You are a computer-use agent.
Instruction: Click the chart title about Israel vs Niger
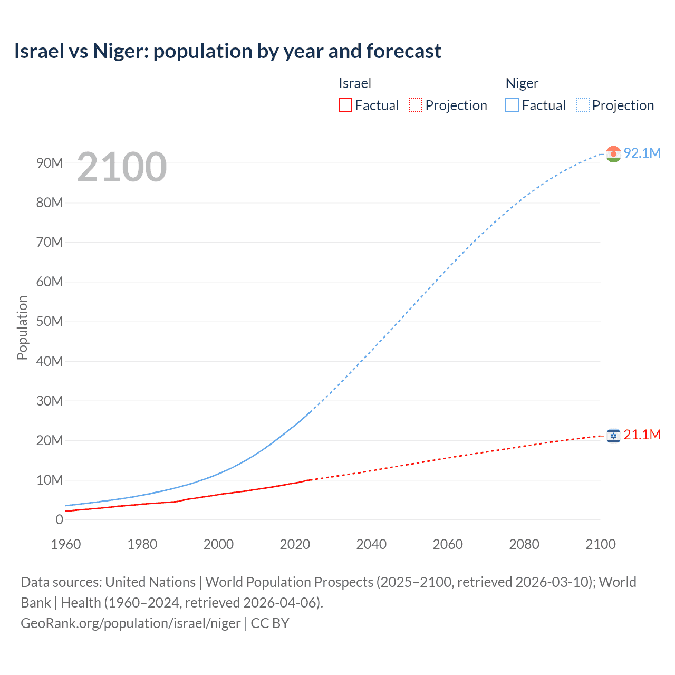pos(227,51)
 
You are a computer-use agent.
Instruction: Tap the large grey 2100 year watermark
pos(122,167)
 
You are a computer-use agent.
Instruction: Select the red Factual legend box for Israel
pos(345,105)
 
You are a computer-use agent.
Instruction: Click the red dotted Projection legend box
pos(416,105)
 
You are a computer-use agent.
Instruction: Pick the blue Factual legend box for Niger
pos(512,105)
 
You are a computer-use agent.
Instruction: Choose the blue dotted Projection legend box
pos(582,105)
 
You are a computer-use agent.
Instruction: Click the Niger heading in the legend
pos(522,83)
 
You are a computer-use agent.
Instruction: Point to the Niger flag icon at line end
pos(613,153)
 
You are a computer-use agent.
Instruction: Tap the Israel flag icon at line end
pos(613,436)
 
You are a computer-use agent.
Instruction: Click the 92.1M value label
pos(642,153)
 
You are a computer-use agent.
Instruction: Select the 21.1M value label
pos(642,435)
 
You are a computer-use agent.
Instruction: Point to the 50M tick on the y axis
pos(50,322)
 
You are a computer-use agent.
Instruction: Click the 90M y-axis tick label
pos(50,163)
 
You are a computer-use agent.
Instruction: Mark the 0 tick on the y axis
pos(59,519)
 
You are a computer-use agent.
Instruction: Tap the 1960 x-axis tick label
pos(66,544)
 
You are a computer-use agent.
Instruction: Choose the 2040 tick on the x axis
pos(371,544)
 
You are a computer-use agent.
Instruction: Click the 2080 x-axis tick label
pos(524,544)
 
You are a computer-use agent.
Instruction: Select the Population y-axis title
pos(22,327)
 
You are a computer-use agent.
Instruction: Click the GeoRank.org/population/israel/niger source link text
pos(131,623)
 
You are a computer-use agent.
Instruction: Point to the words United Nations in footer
pos(150,582)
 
